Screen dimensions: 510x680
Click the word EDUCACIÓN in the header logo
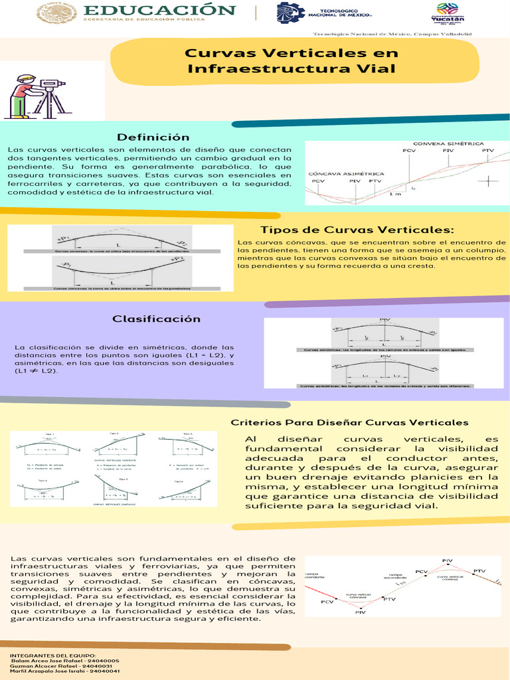(160, 10)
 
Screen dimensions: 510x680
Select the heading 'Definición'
(153, 137)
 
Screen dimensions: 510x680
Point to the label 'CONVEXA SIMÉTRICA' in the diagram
(448, 143)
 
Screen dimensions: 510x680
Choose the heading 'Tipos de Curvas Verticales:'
(358, 230)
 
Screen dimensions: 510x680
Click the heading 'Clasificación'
(156, 319)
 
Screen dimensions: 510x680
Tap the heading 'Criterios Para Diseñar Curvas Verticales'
(349, 422)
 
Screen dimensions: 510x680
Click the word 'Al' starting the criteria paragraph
(250, 440)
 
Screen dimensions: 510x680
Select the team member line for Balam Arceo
(65, 661)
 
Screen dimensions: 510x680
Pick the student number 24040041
(104, 671)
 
